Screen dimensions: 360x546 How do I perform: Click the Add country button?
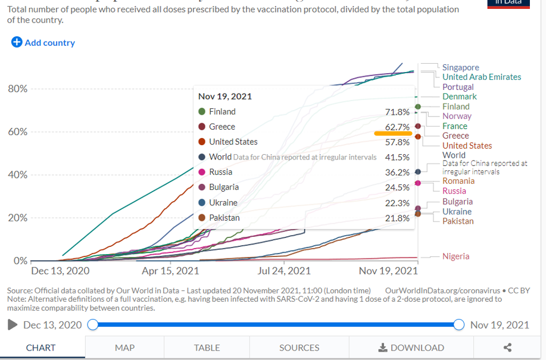43,42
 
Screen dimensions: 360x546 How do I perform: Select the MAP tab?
124,348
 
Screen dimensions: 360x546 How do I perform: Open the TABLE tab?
207,348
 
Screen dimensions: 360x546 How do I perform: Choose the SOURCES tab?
299,348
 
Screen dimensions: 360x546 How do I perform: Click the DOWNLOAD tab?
411,348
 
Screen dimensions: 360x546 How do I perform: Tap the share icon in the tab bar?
507,348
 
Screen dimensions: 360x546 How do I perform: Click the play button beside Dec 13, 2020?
12,325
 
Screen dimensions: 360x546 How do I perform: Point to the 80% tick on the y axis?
17,89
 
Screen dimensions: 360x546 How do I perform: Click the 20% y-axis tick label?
17,218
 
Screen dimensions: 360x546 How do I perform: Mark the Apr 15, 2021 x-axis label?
170,271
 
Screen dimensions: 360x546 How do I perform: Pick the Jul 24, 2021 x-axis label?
283,271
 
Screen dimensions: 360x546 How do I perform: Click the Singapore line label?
460,67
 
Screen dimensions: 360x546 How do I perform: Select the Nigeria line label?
455,256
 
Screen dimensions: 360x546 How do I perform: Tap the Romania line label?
458,181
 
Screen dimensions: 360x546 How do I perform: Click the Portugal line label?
458,87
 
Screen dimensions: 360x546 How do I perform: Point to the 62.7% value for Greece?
397,127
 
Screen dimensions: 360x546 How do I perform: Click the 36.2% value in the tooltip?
397,173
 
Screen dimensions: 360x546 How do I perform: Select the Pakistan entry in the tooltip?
224,218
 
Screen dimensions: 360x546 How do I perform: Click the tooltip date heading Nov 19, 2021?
225,96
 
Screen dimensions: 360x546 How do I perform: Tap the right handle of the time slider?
458,324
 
